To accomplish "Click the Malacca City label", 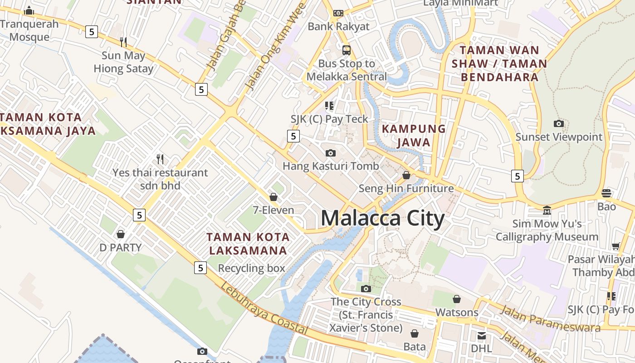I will pos(382,218).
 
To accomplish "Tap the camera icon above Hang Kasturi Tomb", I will pos(331,153).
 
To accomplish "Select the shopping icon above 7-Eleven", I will pos(274,197).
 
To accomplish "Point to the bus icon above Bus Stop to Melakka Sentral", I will pos(347,50).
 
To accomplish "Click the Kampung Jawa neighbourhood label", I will pos(414,135).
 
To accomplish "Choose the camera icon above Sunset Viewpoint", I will pos(559,123).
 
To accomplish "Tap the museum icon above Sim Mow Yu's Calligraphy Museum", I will pos(547,211).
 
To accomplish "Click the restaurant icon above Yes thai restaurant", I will pos(160,159).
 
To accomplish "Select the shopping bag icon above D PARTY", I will pos(121,234).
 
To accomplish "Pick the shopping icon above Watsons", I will pos(457,299).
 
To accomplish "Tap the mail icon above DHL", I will pos(481,336).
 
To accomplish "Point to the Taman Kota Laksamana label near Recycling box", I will pos(248,244).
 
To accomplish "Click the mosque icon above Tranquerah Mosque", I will pos(29,10).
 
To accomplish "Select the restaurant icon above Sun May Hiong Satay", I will pos(123,42).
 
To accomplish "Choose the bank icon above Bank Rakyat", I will pos(338,13).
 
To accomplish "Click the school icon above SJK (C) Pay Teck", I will pos(329,106).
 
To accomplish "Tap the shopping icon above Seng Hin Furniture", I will pos(406,175).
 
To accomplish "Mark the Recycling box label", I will pos(252,268).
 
